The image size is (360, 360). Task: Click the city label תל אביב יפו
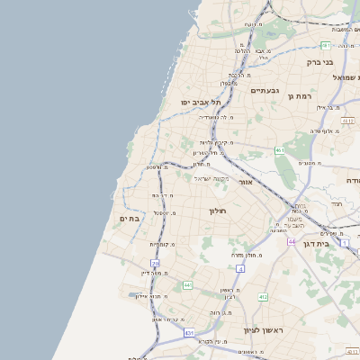tap(201, 103)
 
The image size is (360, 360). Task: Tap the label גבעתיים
tap(265, 91)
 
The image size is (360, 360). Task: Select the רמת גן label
tap(300, 95)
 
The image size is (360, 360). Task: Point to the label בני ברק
tap(320, 62)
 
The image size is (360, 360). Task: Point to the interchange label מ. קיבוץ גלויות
tap(215, 142)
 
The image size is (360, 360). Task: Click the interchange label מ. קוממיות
tap(161, 244)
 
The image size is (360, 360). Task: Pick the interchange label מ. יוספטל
tap(164, 212)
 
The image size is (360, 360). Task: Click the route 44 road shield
tap(292, 241)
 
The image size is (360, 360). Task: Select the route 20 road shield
tap(155, 264)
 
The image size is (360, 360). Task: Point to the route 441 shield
tap(188, 285)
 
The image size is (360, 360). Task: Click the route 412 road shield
tap(263, 296)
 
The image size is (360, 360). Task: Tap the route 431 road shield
tap(189, 333)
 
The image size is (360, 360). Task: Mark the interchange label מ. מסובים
tap(311, 163)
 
